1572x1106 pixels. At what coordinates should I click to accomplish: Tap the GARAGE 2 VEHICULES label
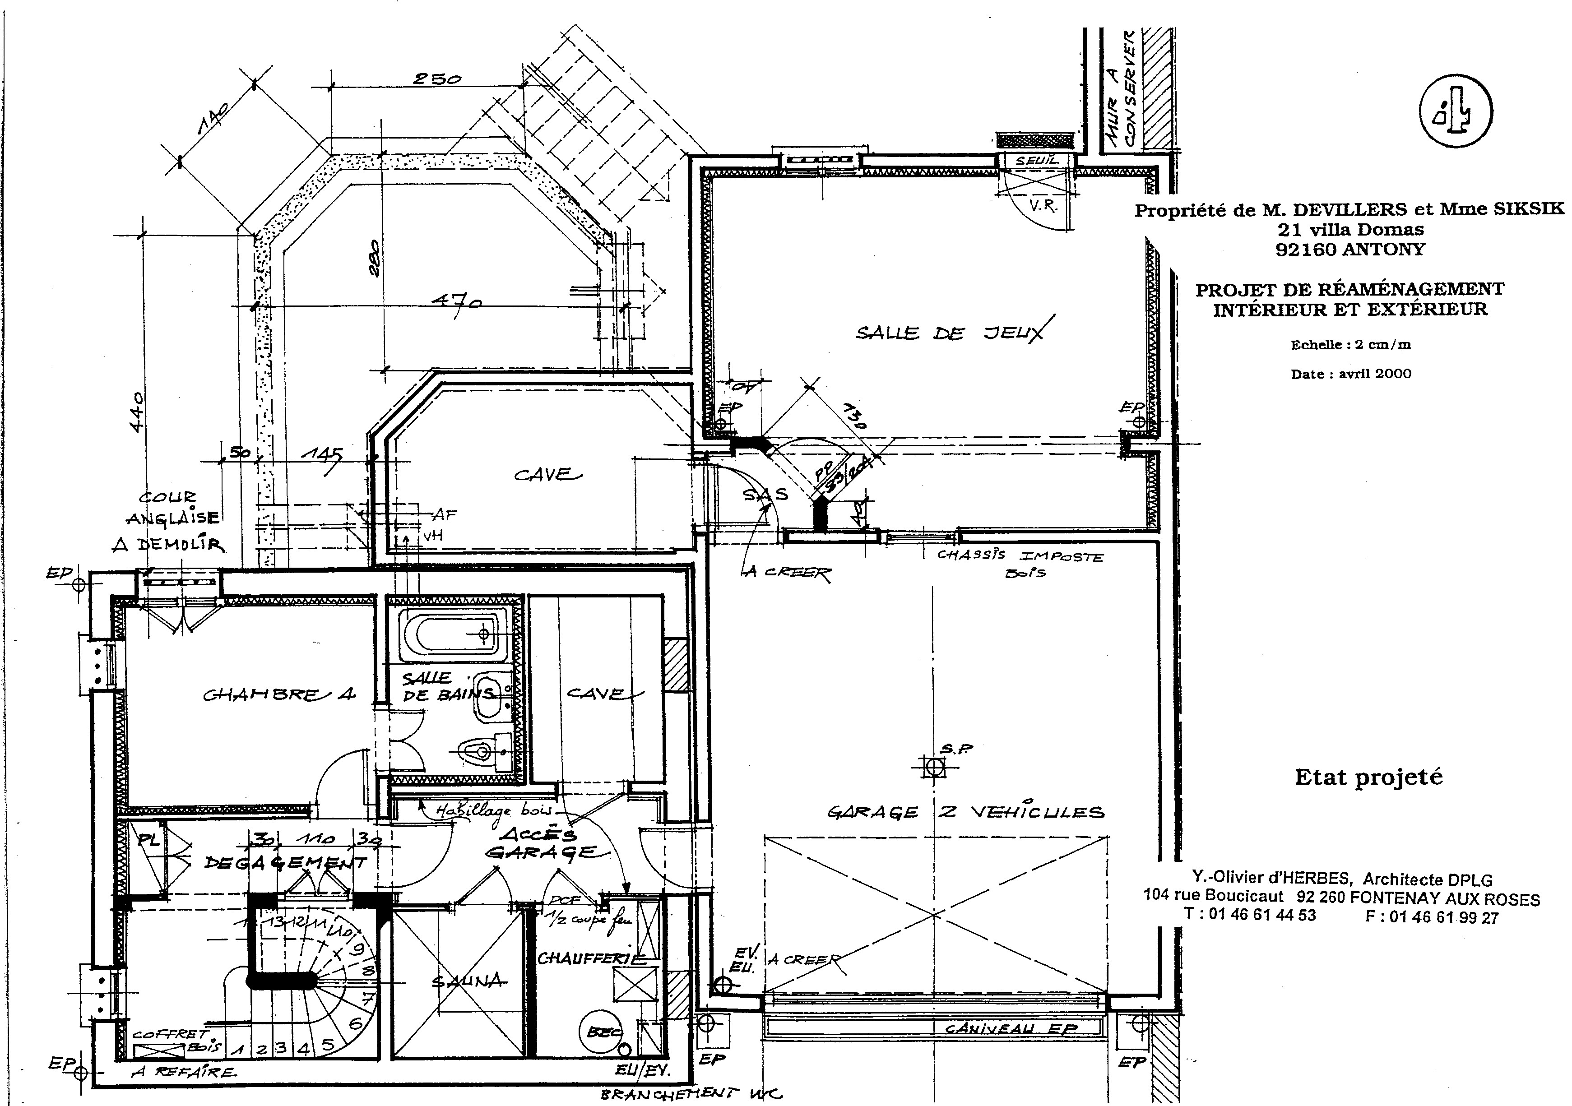tap(965, 812)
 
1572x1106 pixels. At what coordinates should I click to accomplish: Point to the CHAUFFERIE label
tap(592, 958)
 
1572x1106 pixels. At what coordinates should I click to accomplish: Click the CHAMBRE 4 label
tap(279, 694)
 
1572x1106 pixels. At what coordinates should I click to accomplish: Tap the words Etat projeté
tap(1368, 777)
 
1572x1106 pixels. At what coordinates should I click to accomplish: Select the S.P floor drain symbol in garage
tap(935, 767)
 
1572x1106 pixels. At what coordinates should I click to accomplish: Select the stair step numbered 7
tap(367, 996)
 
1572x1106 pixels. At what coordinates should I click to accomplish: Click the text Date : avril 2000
tap(1351, 374)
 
